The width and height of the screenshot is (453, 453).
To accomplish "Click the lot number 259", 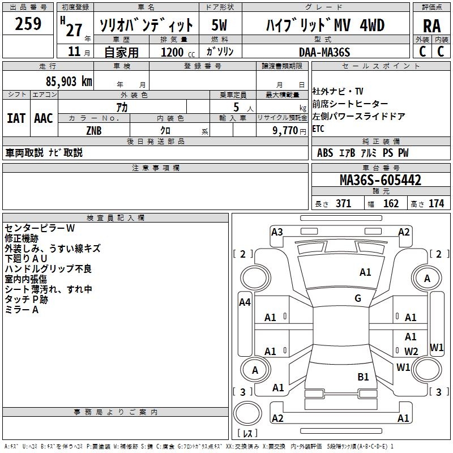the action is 28,24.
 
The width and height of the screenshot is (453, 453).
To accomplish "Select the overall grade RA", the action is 431,26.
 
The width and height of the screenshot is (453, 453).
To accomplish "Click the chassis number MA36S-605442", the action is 380,180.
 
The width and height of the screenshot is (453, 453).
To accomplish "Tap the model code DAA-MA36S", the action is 325,52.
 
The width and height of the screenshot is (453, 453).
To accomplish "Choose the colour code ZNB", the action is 93,130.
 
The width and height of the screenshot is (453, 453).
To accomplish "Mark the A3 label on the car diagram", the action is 277,232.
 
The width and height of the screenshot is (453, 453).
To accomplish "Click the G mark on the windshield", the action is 358,298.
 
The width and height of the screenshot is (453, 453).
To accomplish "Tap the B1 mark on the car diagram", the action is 363,377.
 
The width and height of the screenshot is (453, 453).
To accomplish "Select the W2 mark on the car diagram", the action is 411,352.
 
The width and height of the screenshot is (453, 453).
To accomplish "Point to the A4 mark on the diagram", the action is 245,302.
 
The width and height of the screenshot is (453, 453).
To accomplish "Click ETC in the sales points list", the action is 318,129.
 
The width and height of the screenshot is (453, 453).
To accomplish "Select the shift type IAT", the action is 16,118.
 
